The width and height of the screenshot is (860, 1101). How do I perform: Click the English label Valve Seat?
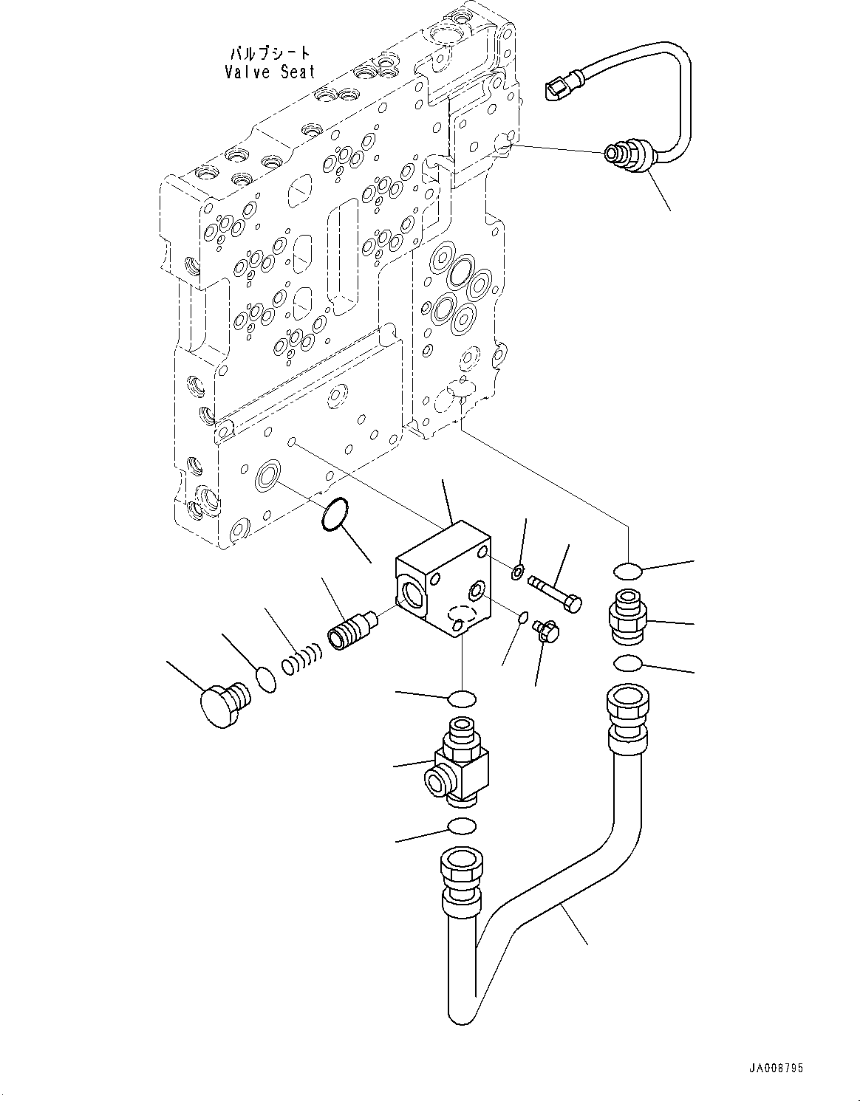point(270,72)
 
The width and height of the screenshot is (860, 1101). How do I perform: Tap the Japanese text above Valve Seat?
point(270,54)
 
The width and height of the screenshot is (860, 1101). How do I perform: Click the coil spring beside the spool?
point(301,658)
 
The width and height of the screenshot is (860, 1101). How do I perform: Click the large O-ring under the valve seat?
point(332,513)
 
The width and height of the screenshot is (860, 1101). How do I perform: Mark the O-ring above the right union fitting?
point(627,571)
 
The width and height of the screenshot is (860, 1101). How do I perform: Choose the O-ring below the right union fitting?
point(627,664)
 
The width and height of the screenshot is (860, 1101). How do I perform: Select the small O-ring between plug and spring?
point(266,679)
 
